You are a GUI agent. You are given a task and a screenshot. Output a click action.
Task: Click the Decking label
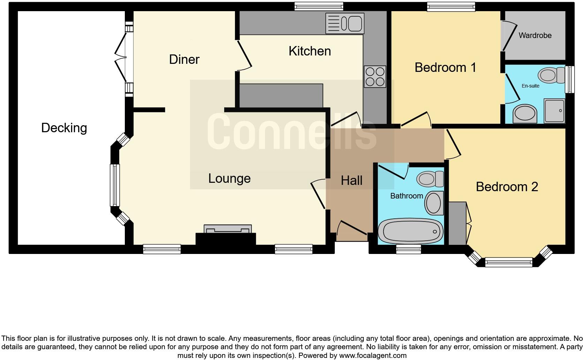(64, 128)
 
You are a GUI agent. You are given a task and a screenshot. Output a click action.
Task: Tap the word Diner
(184, 59)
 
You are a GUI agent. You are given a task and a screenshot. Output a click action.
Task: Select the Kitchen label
(310, 51)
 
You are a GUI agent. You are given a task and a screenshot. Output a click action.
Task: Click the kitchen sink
(344, 24)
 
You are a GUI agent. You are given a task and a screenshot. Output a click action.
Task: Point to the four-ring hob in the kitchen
(375, 77)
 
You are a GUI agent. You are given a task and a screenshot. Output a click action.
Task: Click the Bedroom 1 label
(445, 67)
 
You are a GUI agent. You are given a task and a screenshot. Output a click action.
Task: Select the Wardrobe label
(535, 35)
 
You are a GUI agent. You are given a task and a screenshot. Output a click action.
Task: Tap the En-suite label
(530, 86)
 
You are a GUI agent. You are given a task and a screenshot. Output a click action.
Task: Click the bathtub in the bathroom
(410, 231)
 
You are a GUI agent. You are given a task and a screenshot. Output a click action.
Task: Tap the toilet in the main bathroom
(430, 179)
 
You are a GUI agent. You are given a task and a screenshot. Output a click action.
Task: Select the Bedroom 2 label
(507, 187)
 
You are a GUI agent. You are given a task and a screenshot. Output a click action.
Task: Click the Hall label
(351, 181)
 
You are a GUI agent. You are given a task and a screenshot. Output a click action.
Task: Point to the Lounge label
(229, 179)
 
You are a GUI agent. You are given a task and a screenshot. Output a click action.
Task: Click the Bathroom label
(406, 196)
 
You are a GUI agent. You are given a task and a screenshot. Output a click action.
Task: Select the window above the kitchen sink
(319, 6)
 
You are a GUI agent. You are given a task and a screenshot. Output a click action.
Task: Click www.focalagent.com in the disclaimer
(372, 356)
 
